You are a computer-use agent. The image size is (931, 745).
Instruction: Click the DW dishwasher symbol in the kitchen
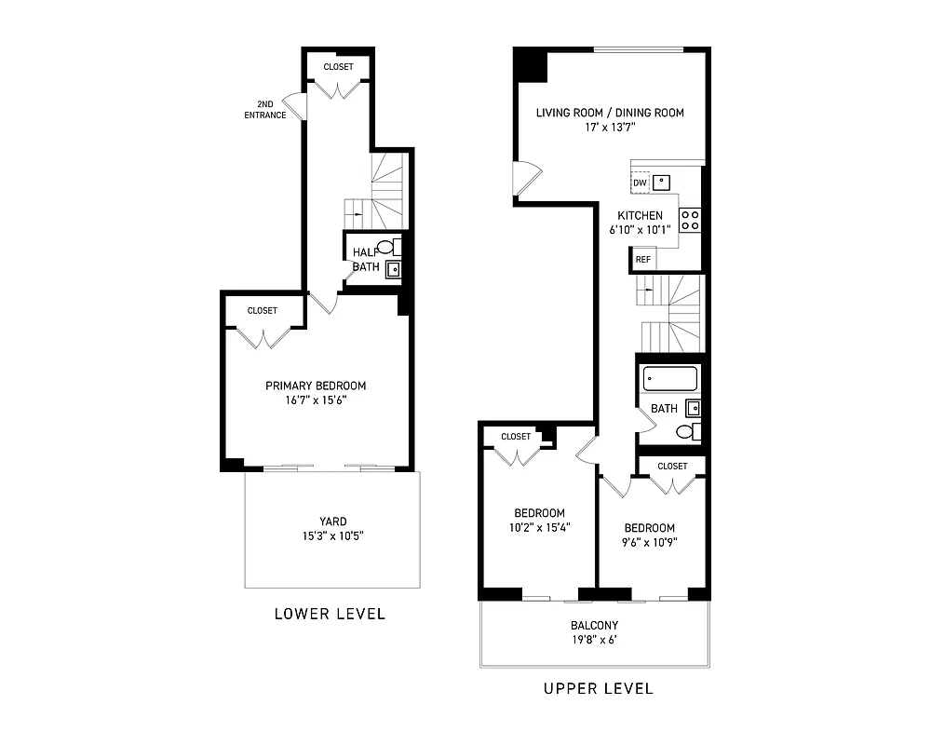(x=640, y=183)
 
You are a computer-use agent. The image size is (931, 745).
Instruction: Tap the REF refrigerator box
(x=642, y=260)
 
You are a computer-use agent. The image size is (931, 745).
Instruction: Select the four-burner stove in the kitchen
(x=690, y=221)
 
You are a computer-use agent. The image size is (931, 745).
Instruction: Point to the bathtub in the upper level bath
(x=669, y=379)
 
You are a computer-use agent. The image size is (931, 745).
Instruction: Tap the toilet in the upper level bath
(x=687, y=431)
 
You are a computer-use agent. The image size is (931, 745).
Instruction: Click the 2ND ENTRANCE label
(x=264, y=110)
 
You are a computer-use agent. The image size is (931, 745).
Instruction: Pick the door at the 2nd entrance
(x=293, y=106)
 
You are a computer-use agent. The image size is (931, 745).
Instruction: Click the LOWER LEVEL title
(x=330, y=614)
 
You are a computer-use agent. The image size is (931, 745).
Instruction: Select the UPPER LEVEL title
(x=598, y=689)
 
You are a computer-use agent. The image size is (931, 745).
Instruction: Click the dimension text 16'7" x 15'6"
(x=316, y=400)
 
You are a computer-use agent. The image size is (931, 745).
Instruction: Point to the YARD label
(x=332, y=521)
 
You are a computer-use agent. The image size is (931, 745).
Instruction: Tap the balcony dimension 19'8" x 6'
(x=594, y=640)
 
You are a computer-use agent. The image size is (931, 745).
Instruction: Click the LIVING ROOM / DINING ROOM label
(x=610, y=113)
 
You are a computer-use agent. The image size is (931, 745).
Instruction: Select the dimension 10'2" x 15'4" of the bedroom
(x=540, y=527)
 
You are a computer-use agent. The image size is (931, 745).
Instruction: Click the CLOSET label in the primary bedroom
(x=263, y=311)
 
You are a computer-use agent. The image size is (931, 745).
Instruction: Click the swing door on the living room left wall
(x=525, y=179)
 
